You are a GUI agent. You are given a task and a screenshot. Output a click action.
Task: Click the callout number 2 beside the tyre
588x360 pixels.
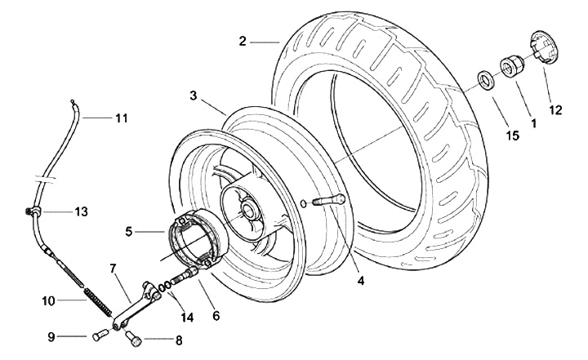(x=243, y=39)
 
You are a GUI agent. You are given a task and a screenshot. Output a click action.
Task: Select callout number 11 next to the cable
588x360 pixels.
(x=121, y=118)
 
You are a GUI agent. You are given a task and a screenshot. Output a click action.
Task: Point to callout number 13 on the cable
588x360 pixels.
(x=80, y=212)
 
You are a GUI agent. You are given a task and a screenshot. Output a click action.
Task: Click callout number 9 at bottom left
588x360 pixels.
(x=51, y=336)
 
